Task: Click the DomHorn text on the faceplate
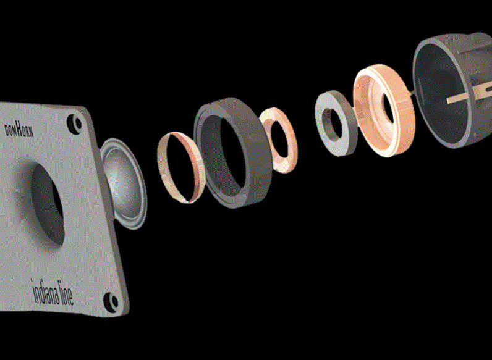coord(19,130)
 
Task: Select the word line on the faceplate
coord(67,296)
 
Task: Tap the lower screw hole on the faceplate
coord(111,302)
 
